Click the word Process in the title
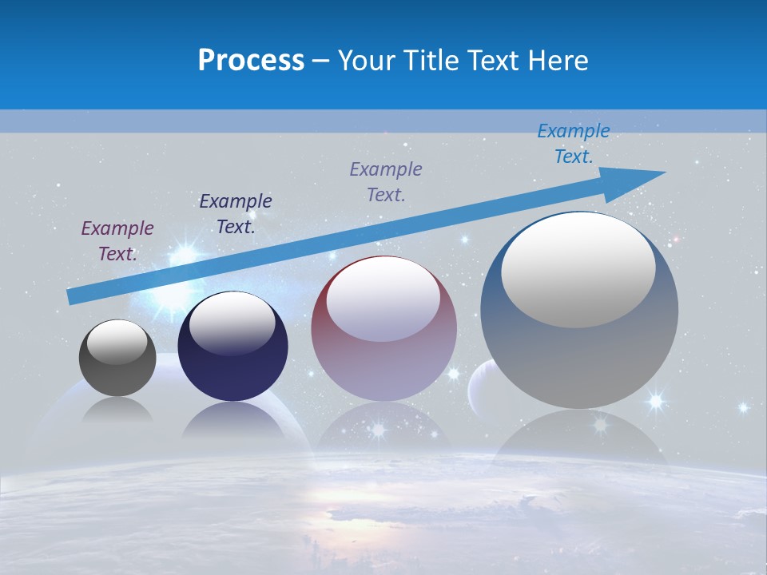(x=251, y=61)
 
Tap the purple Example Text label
(x=117, y=240)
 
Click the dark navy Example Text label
(x=235, y=213)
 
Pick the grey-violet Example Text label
(x=386, y=181)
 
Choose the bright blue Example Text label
(x=573, y=144)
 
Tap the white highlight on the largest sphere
(x=578, y=270)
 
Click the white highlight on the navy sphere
(x=232, y=323)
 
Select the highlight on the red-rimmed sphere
(x=383, y=299)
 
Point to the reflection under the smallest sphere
(x=117, y=411)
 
